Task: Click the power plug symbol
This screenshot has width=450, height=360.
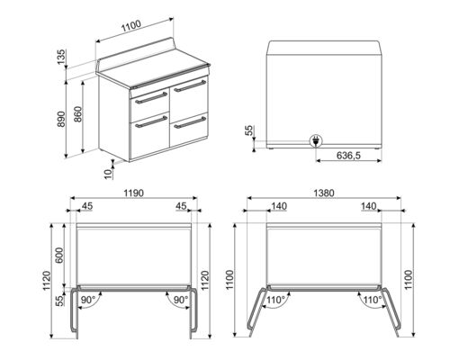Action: coord(317,140)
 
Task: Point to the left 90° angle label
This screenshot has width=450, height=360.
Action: coord(89,299)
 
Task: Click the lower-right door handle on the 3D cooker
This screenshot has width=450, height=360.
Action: coord(190,121)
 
